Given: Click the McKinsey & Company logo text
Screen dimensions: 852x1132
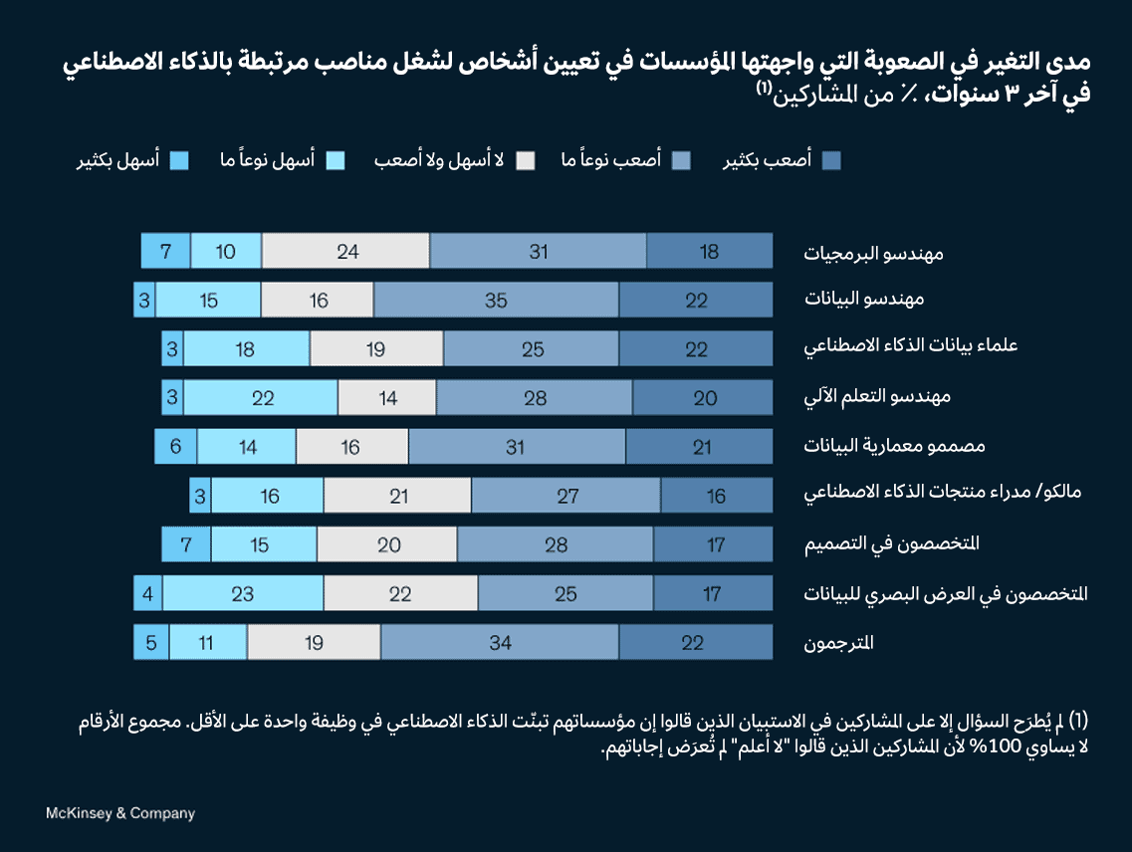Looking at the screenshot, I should (120, 813).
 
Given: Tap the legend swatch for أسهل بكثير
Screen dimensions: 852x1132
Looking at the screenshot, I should (179, 160).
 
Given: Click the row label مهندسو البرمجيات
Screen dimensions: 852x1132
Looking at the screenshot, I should (873, 253).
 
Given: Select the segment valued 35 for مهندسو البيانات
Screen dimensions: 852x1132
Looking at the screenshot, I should (496, 300).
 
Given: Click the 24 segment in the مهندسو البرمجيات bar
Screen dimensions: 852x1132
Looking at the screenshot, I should (346, 251).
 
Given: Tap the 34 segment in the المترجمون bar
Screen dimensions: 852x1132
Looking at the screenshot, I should (500, 642).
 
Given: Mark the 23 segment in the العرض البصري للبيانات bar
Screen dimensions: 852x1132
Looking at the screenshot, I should (243, 593).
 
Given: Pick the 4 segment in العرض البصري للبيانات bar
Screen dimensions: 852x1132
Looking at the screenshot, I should (147, 593).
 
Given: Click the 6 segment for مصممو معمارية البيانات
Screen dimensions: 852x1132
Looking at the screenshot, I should (175, 447).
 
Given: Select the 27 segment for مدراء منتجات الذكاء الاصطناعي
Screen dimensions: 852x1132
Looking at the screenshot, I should (566, 496).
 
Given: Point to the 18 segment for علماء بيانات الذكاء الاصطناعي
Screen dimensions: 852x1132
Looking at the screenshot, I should (247, 349).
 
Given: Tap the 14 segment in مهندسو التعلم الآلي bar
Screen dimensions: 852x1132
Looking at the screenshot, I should (387, 398).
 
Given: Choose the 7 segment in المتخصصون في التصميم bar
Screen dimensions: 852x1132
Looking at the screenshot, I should (186, 544).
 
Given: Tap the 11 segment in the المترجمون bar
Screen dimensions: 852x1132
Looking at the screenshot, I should (207, 642).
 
